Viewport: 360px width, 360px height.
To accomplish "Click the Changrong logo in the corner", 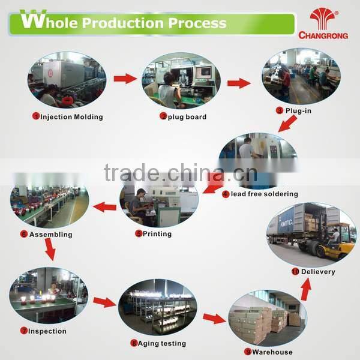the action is coord(323,23).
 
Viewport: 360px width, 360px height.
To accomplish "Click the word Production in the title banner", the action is coord(123,23).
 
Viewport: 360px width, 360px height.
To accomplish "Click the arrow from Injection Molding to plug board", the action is coord(125,79).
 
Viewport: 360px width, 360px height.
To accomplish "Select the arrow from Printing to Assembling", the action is coord(104,207).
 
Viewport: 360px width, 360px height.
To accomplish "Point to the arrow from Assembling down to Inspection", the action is coord(50,250).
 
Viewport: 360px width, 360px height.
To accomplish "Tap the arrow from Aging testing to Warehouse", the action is coord(214,318).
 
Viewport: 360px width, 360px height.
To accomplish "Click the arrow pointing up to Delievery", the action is coord(306,289).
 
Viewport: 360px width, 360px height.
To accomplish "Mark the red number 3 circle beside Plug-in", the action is coord(280,110).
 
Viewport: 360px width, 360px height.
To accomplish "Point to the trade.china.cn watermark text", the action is coord(181,173).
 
